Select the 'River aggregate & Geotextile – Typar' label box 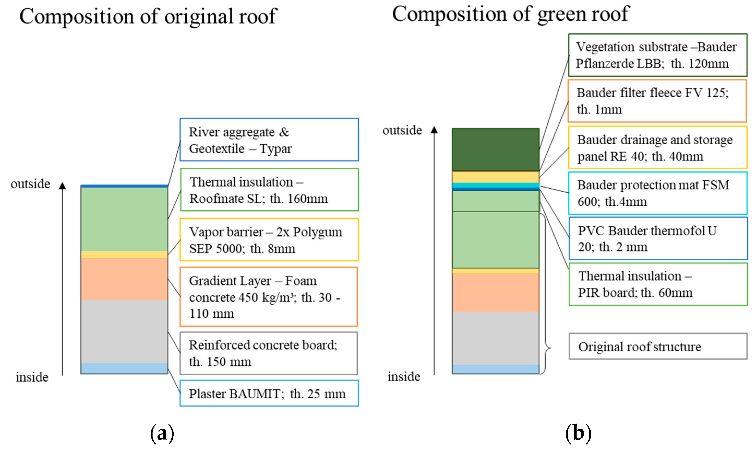tap(269, 140)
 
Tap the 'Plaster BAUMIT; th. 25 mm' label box tap(269, 393)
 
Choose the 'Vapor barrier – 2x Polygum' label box tap(269, 240)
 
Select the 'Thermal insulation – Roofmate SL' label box tap(269, 190)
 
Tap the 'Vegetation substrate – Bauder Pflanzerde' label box tap(657, 55)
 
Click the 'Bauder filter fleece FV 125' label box tap(657, 101)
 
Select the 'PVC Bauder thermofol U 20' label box tap(658, 239)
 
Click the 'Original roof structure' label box tap(658, 346)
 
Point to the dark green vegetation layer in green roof tap(495, 150)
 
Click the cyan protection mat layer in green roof tap(495, 185)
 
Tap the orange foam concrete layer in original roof tap(124, 279)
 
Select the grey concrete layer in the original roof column tap(124, 331)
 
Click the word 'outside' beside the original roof tap(30, 184)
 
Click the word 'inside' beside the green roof tap(404, 377)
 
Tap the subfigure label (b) tap(578, 433)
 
